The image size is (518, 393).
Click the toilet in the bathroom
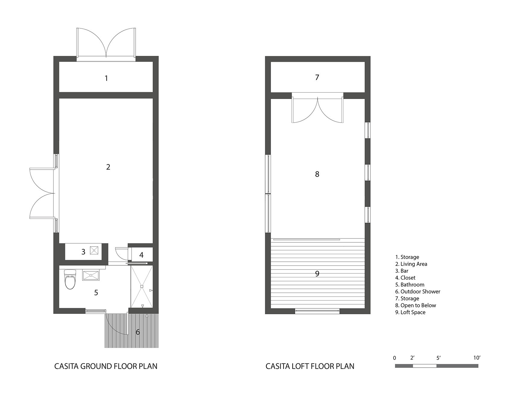(x=70, y=279)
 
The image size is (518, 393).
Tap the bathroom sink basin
(x=91, y=275)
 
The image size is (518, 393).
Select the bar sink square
(x=94, y=250)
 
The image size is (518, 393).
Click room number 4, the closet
(x=141, y=255)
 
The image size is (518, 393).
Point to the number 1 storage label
(x=106, y=78)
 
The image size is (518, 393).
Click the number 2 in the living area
(x=108, y=167)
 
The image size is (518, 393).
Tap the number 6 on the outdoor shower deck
(x=138, y=332)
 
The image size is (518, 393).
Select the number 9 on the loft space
(x=317, y=273)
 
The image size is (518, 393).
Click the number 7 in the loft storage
(x=317, y=78)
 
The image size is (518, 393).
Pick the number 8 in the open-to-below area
(x=317, y=174)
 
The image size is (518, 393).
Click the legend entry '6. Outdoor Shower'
(x=418, y=292)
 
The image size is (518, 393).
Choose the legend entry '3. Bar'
(x=402, y=271)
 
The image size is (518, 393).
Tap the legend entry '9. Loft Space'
(x=410, y=312)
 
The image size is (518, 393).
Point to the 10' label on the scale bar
(x=477, y=358)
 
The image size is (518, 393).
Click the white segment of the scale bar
(x=424, y=366)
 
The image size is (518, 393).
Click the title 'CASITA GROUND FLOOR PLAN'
(x=106, y=366)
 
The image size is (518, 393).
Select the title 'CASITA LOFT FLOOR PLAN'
(x=310, y=366)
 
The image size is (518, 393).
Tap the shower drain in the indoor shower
(x=141, y=286)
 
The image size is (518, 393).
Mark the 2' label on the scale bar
(x=412, y=358)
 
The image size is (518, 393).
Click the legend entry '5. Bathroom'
(x=410, y=285)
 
